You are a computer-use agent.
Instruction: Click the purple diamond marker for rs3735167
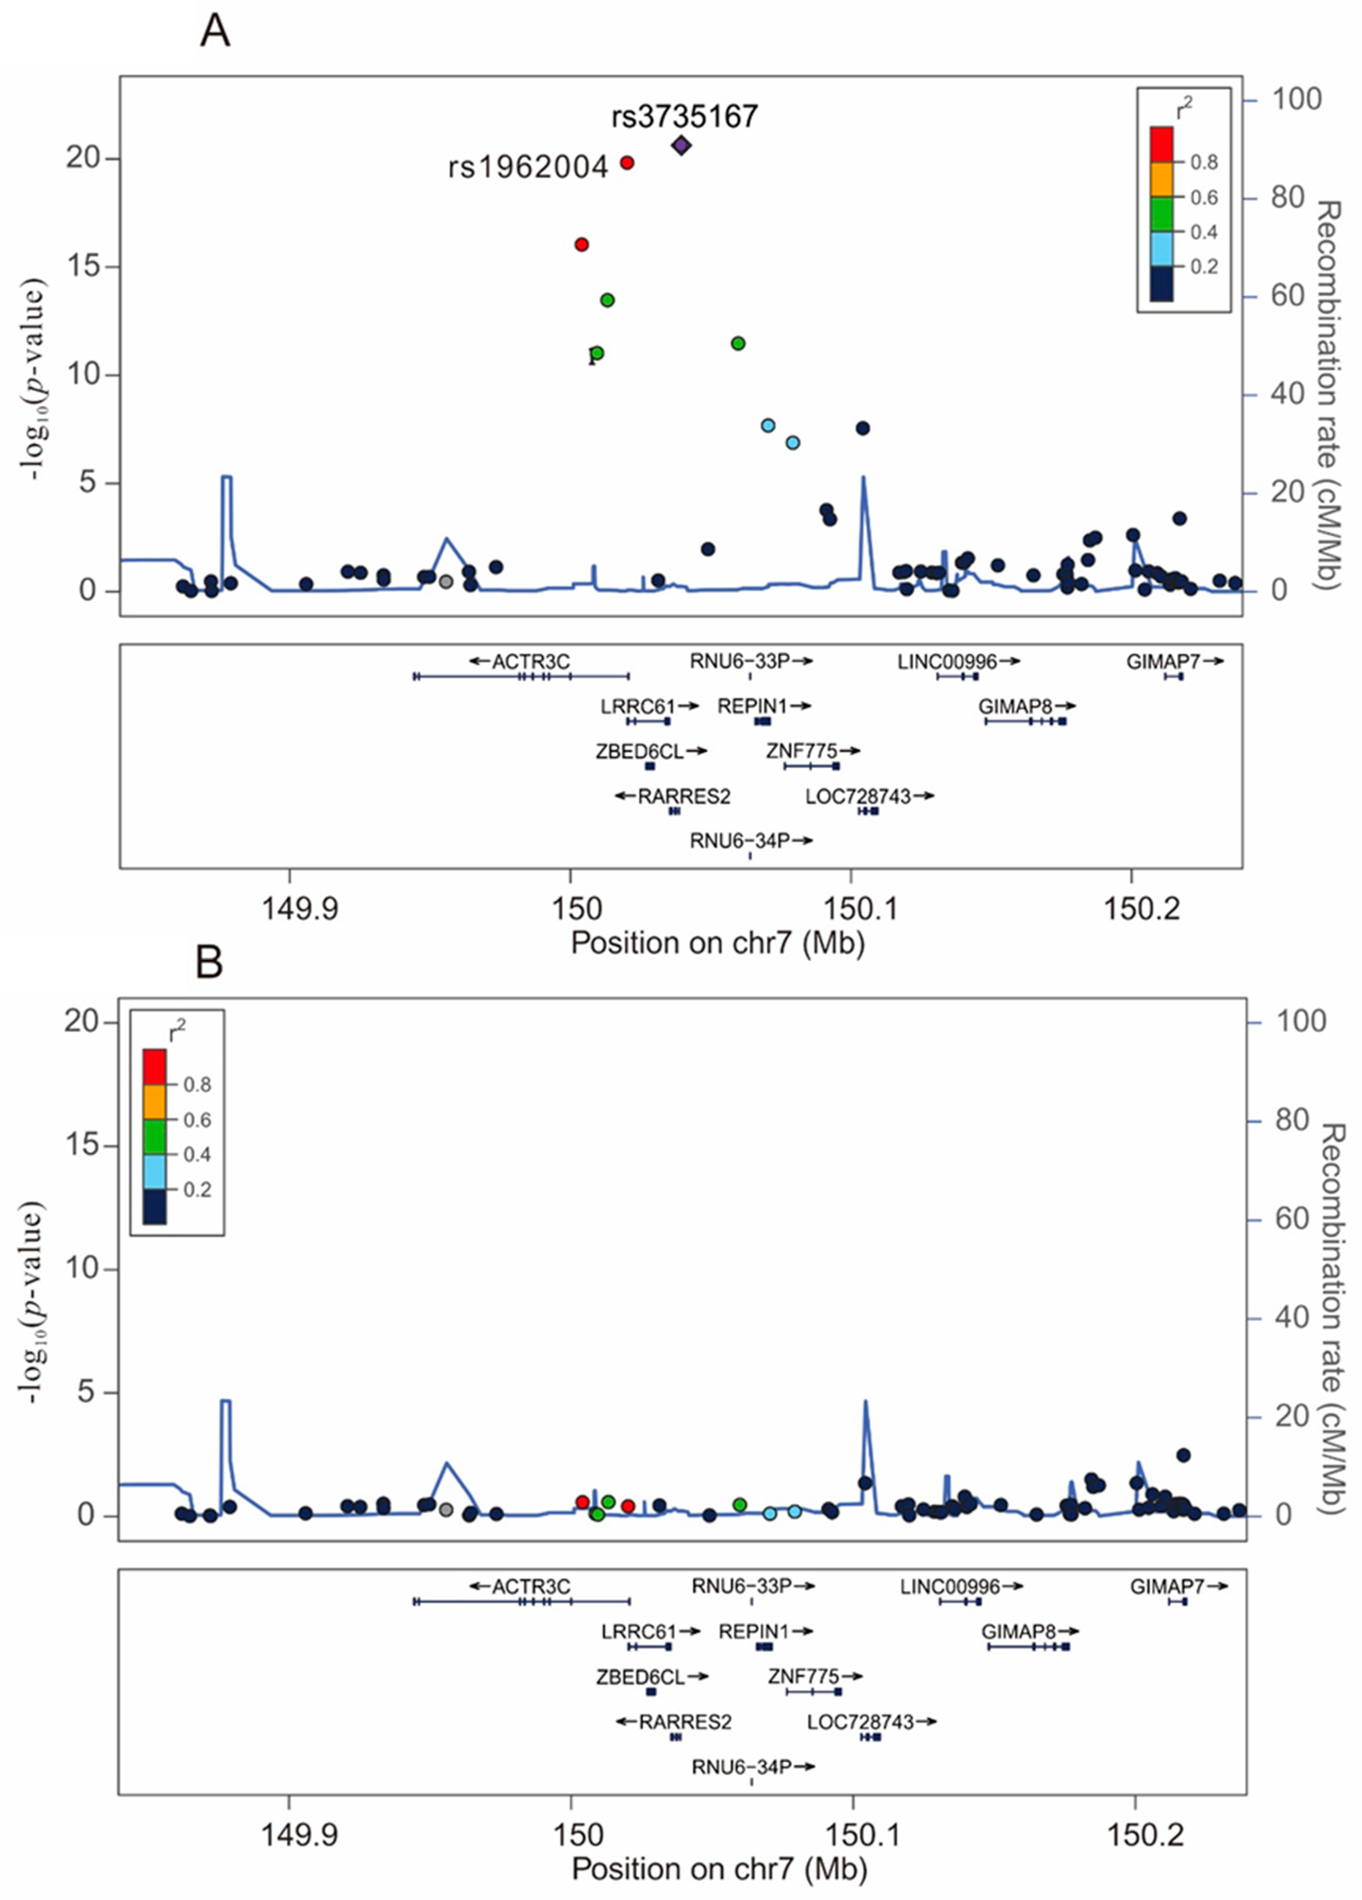tap(681, 145)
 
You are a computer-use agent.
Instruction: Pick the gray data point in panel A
tap(446, 580)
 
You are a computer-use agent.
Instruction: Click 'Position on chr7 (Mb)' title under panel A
tap(717, 943)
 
